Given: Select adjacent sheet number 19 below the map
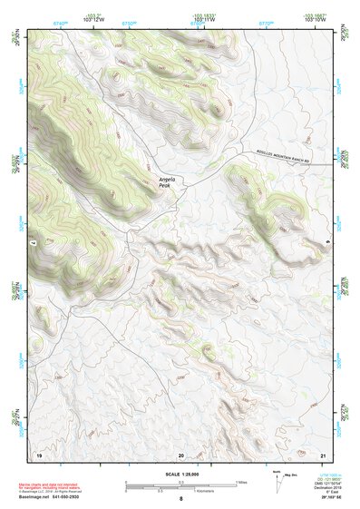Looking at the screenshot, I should (39, 454).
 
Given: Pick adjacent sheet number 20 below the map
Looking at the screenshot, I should (181, 454).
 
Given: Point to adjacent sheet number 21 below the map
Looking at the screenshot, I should (323, 454).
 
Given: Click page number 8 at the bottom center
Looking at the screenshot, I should (180, 499).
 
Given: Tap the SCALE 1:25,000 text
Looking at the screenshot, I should (180, 475).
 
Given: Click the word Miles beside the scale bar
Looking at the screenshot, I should (241, 481).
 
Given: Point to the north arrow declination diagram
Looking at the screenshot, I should (280, 482).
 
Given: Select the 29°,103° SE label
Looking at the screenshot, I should (330, 499).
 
